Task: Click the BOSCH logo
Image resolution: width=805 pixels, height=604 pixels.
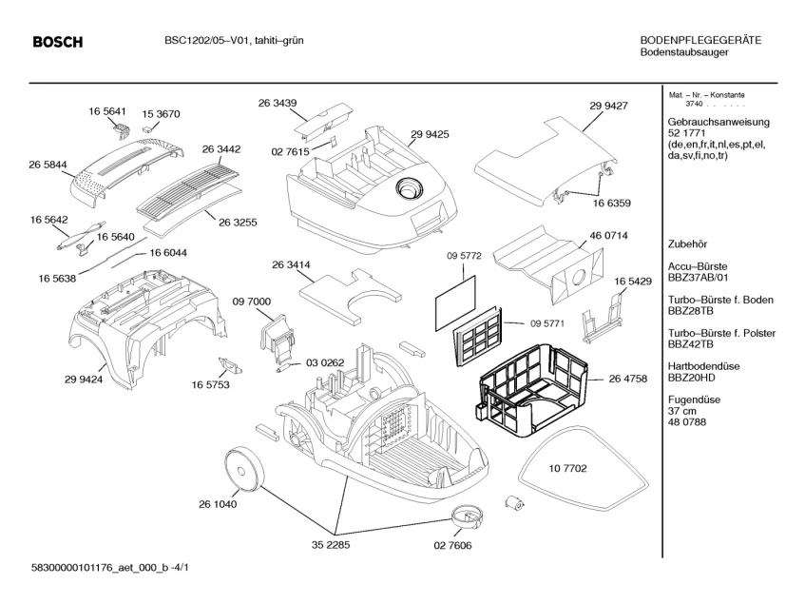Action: [x=57, y=42]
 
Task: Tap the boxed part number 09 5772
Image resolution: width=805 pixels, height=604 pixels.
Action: [x=465, y=256]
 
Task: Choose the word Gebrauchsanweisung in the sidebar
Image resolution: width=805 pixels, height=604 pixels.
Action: [x=719, y=123]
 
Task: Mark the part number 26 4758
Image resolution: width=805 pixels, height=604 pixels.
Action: [x=628, y=379]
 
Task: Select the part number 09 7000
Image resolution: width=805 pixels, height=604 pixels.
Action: [x=252, y=301]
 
